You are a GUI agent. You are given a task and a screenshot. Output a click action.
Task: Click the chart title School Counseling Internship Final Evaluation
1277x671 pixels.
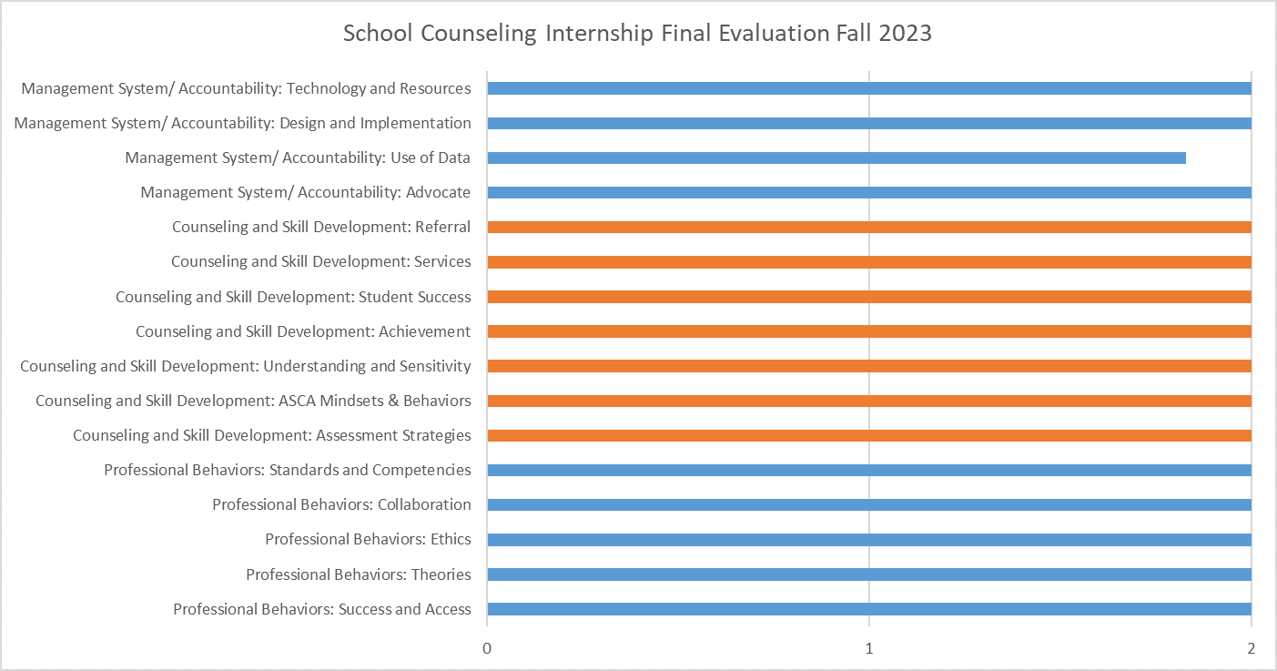coord(637,34)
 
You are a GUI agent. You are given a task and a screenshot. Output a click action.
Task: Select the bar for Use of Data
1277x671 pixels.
coord(836,158)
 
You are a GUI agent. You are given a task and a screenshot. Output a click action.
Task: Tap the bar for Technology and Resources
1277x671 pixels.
coord(868,88)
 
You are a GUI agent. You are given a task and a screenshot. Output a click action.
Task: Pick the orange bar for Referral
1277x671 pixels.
coord(868,227)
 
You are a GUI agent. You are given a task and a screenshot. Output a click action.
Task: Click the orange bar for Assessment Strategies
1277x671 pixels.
coord(868,435)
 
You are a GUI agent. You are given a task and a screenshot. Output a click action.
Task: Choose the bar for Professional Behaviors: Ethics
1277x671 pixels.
coord(868,539)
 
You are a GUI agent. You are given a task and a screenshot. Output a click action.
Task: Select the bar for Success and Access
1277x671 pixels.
coord(868,609)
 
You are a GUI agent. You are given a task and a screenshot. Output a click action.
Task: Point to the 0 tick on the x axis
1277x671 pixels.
coord(487,648)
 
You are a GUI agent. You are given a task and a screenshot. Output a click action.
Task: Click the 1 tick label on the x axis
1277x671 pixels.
coord(869,648)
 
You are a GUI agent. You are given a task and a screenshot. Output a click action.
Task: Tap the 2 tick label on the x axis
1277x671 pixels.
coord(1252,648)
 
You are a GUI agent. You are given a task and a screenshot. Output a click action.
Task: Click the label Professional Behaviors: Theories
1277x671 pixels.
coord(359,574)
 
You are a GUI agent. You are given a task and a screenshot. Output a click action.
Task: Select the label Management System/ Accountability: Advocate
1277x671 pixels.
coord(306,192)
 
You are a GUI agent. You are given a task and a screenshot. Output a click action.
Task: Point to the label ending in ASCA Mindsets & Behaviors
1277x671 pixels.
coord(253,401)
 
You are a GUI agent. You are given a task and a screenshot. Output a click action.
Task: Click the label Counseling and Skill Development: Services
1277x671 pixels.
coord(321,261)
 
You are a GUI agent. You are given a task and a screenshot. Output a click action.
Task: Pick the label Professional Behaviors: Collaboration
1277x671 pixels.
coord(341,504)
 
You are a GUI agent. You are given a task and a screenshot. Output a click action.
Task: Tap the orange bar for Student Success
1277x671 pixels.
coord(868,296)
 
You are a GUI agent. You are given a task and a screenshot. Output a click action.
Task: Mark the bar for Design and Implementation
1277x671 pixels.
coord(868,123)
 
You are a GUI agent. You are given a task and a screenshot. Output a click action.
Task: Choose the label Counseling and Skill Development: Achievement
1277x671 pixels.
coord(303,331)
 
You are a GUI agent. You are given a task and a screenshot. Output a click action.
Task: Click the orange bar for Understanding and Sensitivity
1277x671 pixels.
coord(868,366)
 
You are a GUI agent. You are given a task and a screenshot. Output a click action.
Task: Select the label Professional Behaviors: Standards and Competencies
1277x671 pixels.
coord(288,470)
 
